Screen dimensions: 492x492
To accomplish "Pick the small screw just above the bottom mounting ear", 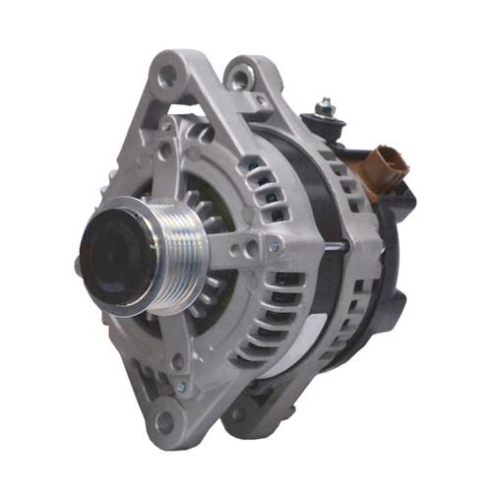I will tap(179, 386).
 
